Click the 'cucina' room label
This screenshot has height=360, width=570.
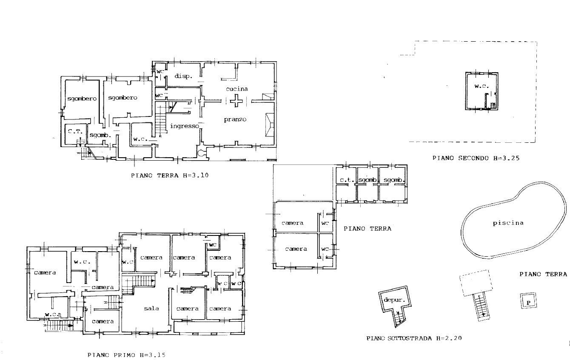(237, 89)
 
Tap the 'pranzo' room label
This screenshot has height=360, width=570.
(235, 119)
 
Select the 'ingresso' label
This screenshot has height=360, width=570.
(185, 126)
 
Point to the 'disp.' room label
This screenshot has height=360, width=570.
(183, 76)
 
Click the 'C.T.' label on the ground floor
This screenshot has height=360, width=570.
(75, 131)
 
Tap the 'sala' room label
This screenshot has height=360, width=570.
(151, 309)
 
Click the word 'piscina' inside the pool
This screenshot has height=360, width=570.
(508, 223)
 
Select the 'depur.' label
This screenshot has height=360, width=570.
(394, 300)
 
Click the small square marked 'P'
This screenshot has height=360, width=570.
(528, 301)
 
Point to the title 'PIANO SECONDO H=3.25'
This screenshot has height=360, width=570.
(476, 158)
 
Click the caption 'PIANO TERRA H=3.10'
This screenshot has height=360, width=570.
(170, 175)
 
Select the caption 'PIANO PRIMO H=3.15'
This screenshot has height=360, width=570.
(126, 354)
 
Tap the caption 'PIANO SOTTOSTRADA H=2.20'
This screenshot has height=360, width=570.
(414, 338)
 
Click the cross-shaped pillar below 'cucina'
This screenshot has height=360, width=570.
(237, 101)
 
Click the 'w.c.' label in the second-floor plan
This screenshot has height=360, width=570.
(482, 86)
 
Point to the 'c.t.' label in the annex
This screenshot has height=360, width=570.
(347, 180)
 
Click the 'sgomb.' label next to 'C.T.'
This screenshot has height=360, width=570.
(100, 136)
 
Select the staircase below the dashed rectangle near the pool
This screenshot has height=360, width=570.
(482, 306)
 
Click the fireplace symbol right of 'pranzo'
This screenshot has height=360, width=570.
(270, 125)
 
